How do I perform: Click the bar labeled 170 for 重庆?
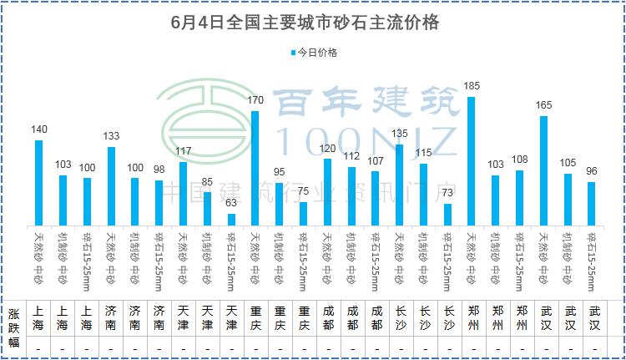[255, 167]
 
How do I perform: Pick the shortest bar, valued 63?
[230, 219]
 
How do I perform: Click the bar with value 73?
[447, 214]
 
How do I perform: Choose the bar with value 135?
[399, 184]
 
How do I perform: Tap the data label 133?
[110, 136]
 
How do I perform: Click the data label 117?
[183, 151]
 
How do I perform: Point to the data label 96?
[592, 171]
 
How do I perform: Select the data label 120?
[327, 148]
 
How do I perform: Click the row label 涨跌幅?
[14, 325]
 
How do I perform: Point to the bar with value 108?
[519, 197]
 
